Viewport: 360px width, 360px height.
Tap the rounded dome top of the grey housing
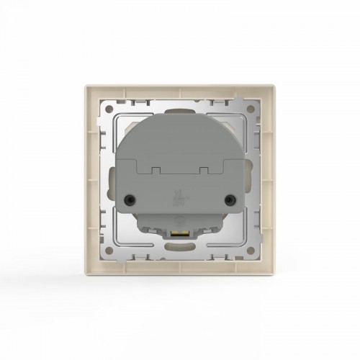tap(180, 119)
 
